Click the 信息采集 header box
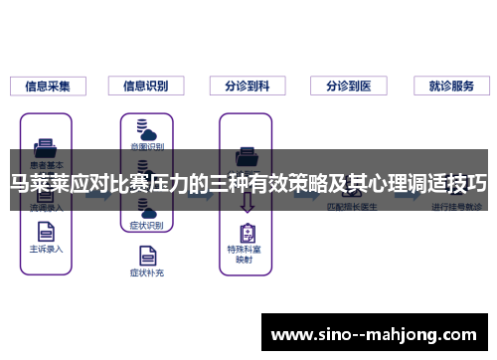[x=47, y=86]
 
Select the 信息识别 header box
[x=145, y=86]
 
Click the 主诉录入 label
[x=47, y=249]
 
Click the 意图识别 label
[x=146, y=147]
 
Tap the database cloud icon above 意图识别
[x=146, y=129]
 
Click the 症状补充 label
[x=146, y=270]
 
